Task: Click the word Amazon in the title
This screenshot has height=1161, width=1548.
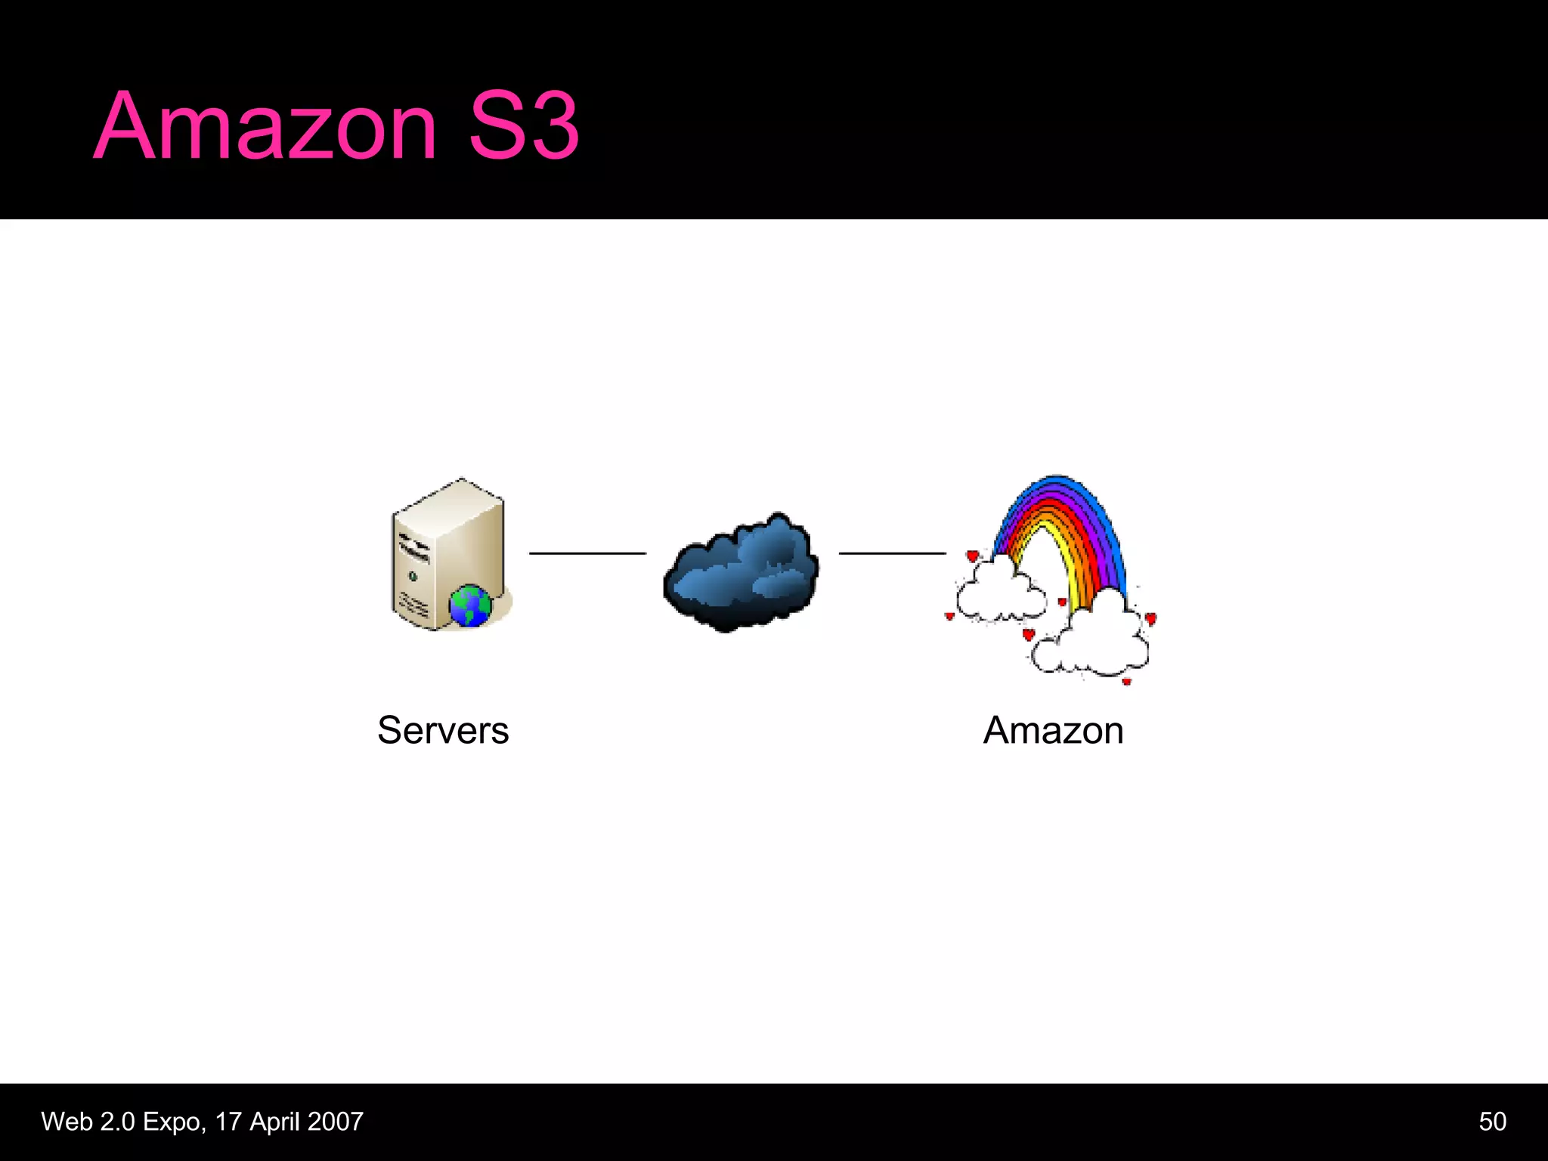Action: click(x=265, y=126)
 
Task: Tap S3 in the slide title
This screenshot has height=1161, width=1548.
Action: click(x=523, y=126)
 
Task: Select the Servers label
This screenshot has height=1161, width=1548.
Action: click(x=443, y=730)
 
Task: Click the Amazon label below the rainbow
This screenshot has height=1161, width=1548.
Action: click(x=1053, y=730)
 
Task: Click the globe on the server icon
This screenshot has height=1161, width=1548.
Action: click(x=470, y=605)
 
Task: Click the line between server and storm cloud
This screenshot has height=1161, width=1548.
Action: click(x=587, y=553)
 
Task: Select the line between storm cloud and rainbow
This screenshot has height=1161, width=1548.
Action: click(x=892, y=553)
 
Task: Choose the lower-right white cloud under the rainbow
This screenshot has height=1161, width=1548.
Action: click(x=1096, y=639)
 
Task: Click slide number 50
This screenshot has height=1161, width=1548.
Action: click(x=1492, y=1121)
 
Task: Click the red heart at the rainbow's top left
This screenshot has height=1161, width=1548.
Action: click(x=972, y=556)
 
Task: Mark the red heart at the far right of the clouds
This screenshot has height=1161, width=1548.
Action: click(x=1150, y=619)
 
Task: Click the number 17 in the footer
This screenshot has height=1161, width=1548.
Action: click(x=228, y=1122)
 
